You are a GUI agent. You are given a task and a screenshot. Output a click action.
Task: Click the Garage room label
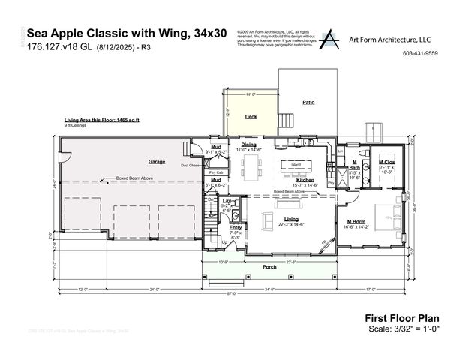[156, 161]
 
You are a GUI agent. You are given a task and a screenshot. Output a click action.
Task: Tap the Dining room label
[248, 144]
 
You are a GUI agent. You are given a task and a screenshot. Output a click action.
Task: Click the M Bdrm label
[356, 220]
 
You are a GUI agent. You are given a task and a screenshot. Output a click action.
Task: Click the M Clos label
[387, 162]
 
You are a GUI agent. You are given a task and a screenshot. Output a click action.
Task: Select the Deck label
[251, 117]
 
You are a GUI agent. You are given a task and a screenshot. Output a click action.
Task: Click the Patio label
[308, 101]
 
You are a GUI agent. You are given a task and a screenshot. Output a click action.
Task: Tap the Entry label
[236, 227]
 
